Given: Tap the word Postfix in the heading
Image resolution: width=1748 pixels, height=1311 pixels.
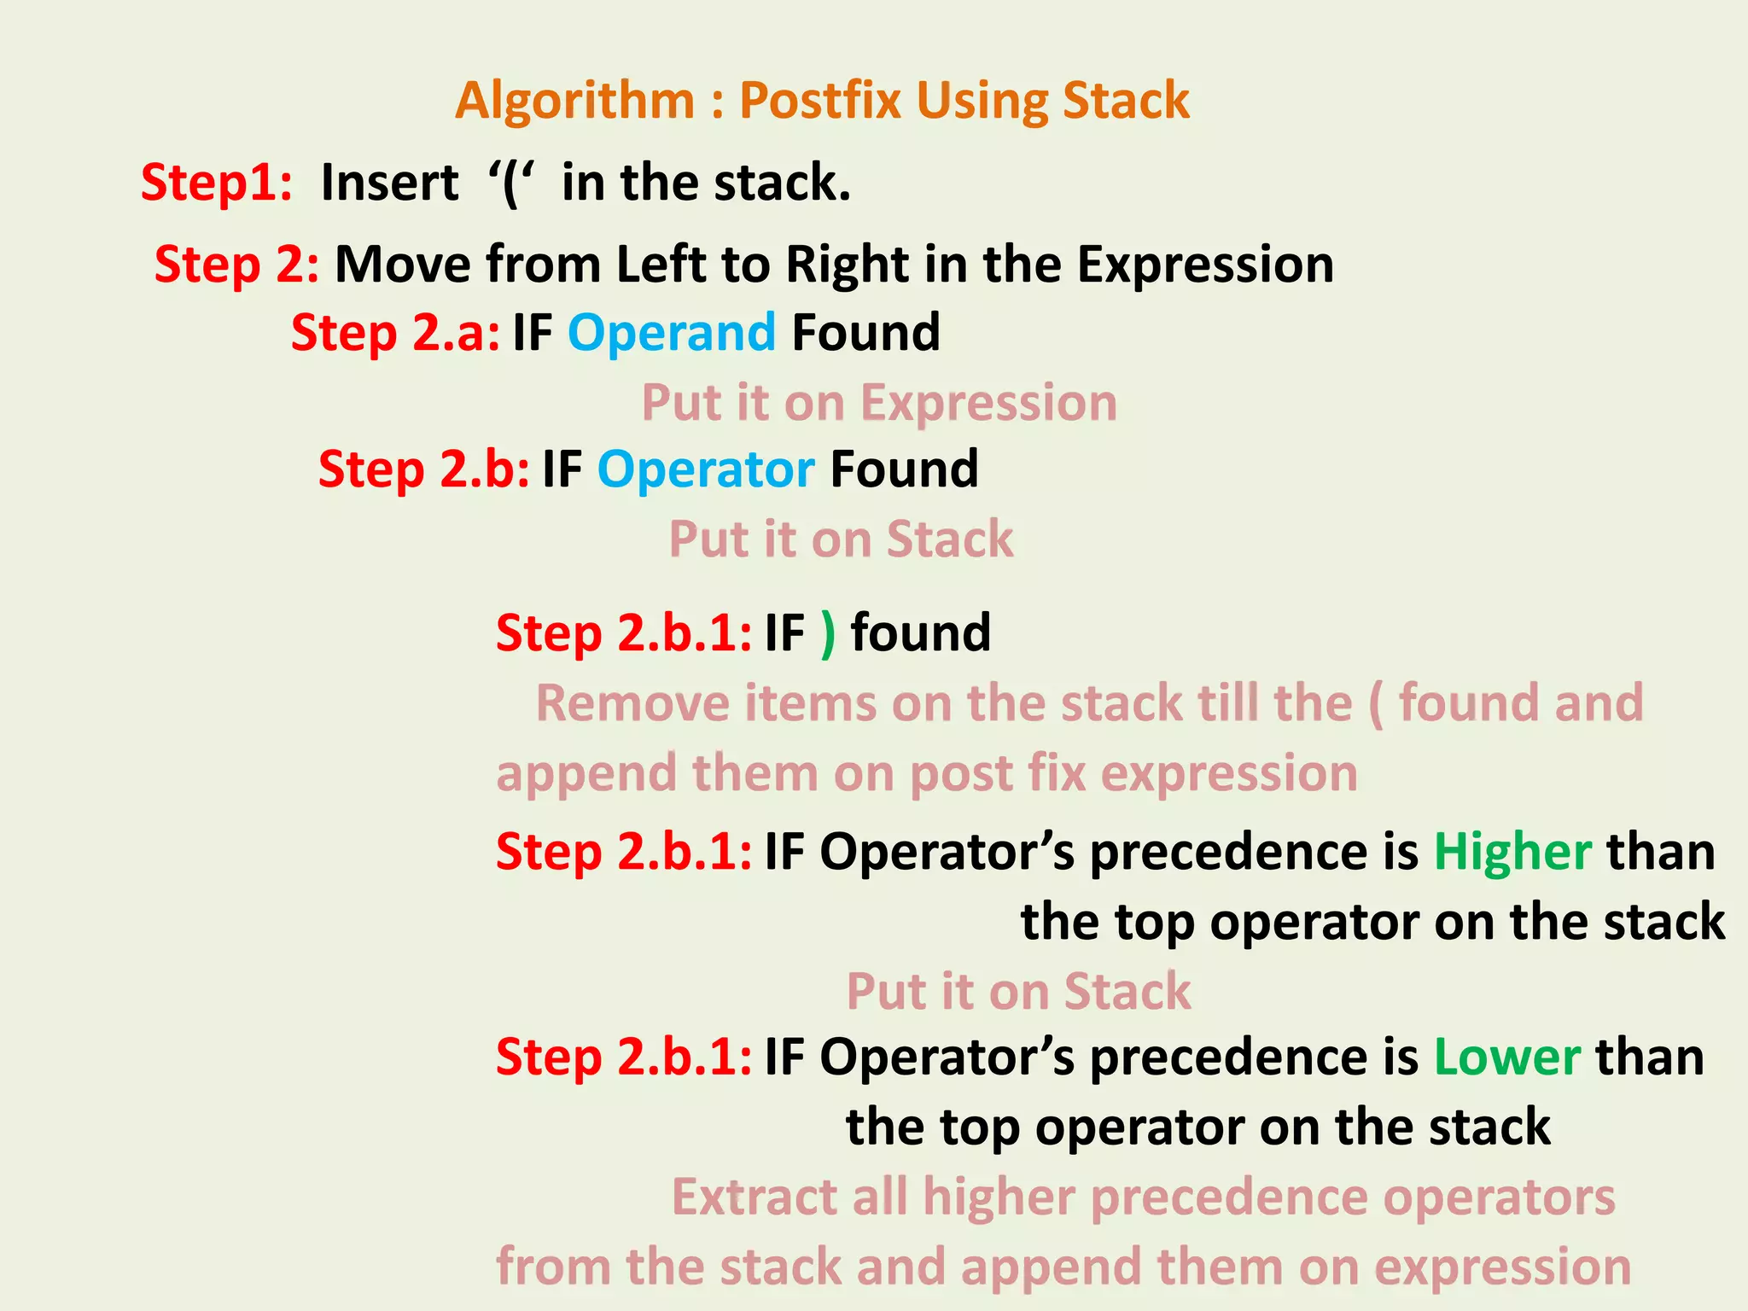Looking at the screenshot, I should pos(820,101).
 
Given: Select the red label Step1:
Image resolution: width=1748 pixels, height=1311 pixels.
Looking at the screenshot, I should pos(217,183).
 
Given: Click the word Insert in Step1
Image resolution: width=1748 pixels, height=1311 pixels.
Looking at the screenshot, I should pos(390,183).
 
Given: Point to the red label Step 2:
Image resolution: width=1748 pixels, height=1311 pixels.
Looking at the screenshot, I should pos(236,265).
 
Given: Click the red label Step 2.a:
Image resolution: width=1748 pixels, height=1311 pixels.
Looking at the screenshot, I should pos(395,333).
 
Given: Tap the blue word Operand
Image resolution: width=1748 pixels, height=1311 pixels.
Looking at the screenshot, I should pos(672,334).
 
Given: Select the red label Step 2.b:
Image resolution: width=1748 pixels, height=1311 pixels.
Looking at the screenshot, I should pos(423,469).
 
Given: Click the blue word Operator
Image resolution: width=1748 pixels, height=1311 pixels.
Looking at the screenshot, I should pos(706,470).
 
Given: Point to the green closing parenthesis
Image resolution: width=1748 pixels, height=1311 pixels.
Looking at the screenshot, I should pos(827,634).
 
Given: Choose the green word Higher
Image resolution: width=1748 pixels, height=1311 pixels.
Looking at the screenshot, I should pos(1512,853).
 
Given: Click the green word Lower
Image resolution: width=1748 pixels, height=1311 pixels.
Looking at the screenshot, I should pos(1507,1058).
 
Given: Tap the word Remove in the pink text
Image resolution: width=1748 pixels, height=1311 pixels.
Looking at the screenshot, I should pos(632,703).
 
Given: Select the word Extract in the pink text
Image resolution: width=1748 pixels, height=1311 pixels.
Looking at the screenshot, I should pos(754,1197).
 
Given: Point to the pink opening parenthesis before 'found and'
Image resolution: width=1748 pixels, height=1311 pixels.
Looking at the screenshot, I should pos(1375,705).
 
